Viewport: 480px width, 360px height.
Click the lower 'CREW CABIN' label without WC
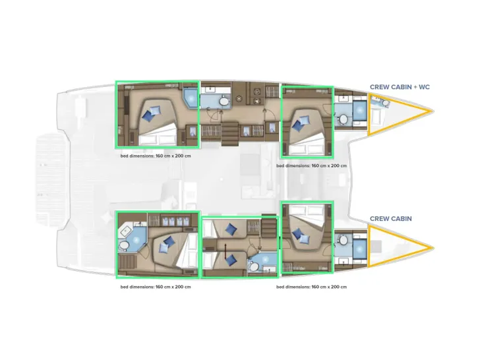pyautogui.click(x=390, y=218)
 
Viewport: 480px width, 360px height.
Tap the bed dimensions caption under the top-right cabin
pyautogui.click(x=311, y=165)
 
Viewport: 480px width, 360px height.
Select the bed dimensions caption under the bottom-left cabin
pyautogui.click(x=156, y=287)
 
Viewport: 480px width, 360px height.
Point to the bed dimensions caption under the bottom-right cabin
pyautogui.click(x=311, y=287)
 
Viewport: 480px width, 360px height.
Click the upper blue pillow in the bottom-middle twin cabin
pyautogui.click(x=230, y=229)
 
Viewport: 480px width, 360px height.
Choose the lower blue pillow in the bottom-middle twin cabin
pyautogui.click(x=230, y=259)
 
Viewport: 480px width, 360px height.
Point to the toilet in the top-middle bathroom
pyautogui.click(x=223, y=102)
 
